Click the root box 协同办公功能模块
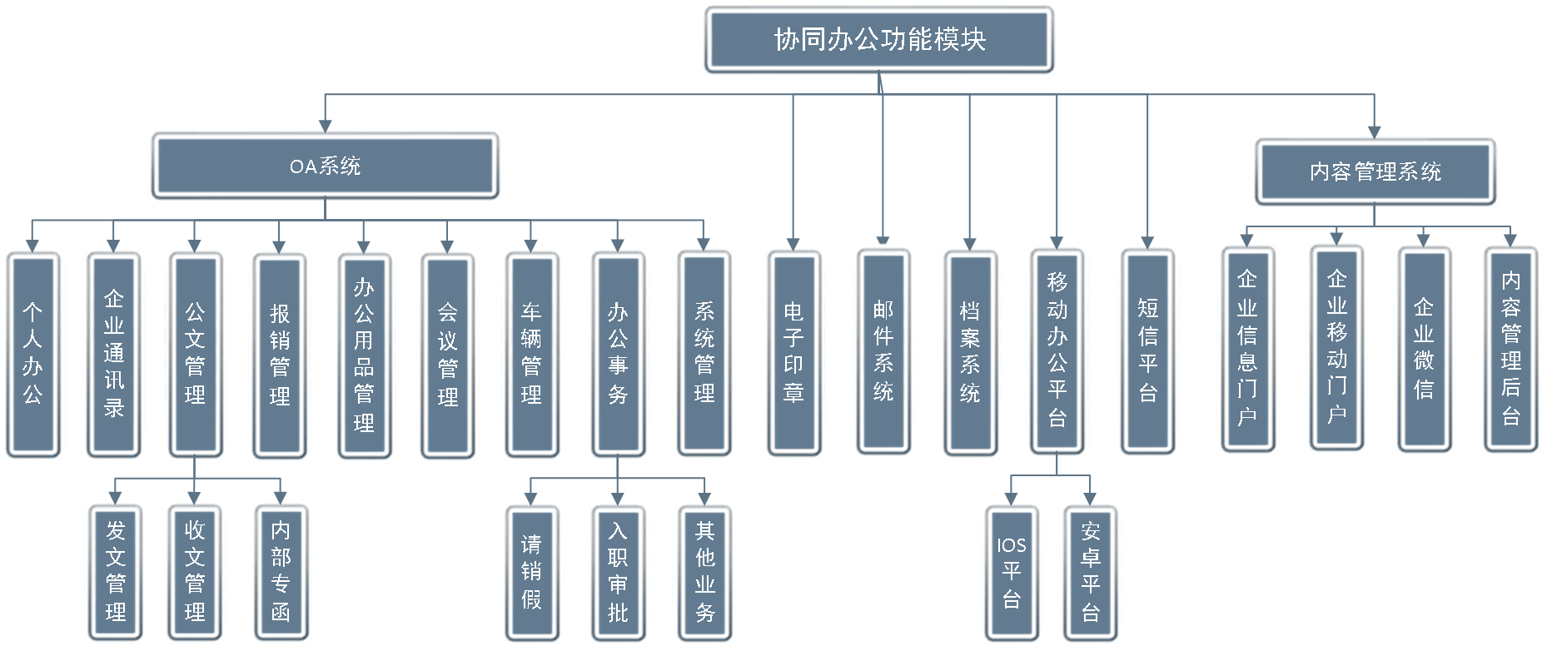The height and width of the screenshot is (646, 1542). (879, 40)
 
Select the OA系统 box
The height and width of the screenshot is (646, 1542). (325, 166)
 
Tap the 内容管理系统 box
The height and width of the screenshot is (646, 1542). (1375, 172)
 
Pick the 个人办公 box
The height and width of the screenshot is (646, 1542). (32, 354)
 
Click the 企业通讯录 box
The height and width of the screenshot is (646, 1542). (114, 354)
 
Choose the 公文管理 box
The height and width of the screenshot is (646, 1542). (194, 354)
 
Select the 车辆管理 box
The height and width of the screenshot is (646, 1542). (531, 354)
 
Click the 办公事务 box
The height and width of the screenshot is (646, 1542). (618, 354)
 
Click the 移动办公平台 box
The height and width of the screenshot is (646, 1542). (1057, 350)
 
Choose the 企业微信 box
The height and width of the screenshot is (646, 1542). (1424, 349)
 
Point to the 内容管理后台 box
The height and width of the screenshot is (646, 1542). (1510, 349)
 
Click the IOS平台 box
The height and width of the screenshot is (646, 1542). (1012, 573)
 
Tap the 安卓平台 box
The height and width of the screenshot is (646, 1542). (1091, 573)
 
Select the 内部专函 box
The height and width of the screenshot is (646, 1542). (281, 573)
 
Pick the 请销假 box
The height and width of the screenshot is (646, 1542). (531, 573)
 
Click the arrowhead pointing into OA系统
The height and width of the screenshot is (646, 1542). (325, 126)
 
